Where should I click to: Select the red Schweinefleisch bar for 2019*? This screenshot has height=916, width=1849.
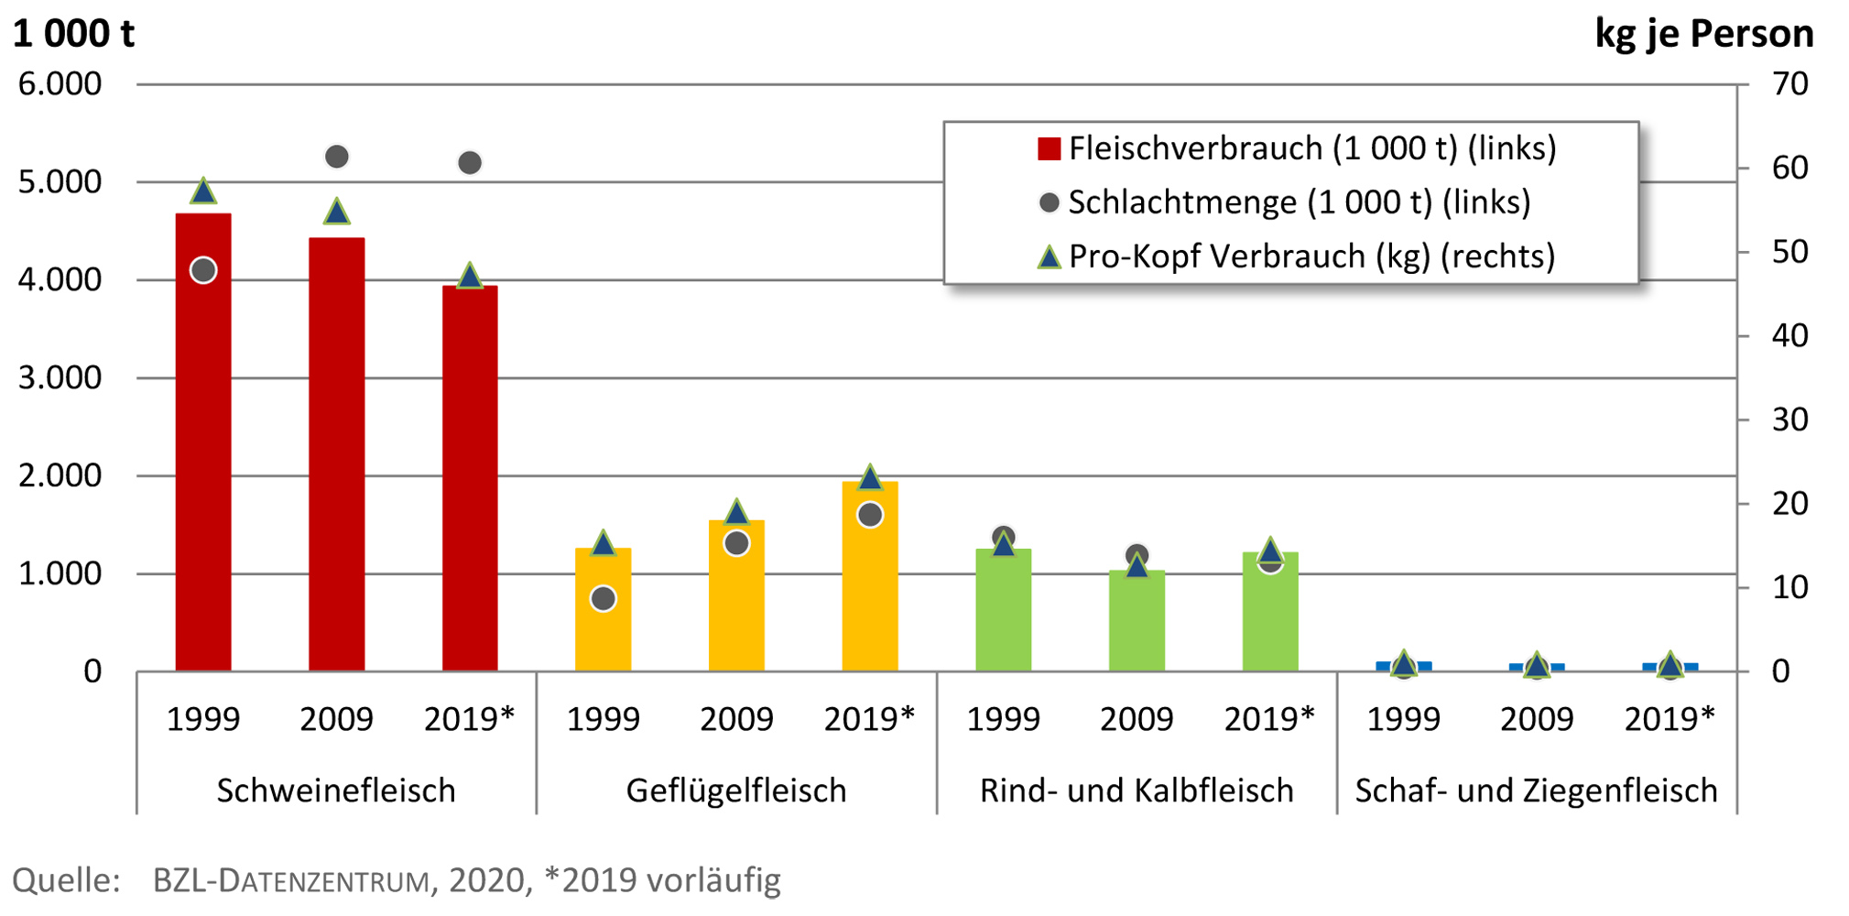point(470,485)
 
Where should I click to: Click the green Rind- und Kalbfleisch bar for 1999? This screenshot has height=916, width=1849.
point(1003,614)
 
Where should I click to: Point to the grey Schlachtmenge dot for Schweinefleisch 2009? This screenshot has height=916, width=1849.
point(337,157)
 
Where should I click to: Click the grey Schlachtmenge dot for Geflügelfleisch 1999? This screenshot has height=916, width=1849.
point(603,599)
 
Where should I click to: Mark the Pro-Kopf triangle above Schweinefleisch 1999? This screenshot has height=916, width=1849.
point(203,191)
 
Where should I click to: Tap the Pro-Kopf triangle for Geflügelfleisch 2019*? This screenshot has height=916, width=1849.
point(870,477)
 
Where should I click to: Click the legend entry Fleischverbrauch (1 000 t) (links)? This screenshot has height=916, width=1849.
point(1296,148)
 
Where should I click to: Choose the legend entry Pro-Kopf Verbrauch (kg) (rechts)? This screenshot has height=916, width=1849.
point(1296,256)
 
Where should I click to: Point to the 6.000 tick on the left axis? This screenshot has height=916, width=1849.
point(60,84)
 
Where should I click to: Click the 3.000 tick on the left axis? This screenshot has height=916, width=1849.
point(60,377)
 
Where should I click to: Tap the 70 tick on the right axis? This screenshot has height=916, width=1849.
point(1789,84)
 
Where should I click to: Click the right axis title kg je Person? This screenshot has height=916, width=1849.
point(1703,34)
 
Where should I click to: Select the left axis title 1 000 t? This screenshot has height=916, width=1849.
point(73,34)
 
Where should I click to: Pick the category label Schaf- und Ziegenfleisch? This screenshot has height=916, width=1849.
point(1536,790)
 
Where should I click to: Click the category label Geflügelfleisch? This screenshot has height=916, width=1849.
point(736,790)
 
